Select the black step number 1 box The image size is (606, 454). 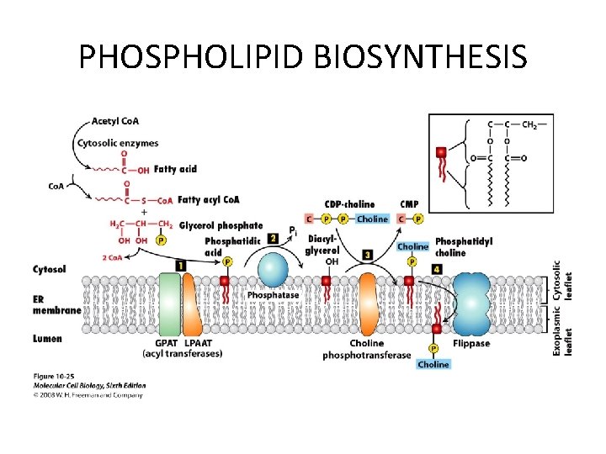181,266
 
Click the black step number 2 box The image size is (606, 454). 273,239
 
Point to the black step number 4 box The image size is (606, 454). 436,268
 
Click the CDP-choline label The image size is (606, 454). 350,204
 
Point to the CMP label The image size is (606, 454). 409,204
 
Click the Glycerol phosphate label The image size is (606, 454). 221,225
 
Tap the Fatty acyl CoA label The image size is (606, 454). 209,199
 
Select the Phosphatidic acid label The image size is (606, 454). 226,246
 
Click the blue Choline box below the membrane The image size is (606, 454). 433,364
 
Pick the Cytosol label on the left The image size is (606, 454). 50,269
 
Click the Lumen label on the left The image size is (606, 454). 48,338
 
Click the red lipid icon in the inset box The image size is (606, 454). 441,153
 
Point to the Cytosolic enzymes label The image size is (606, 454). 118,143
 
